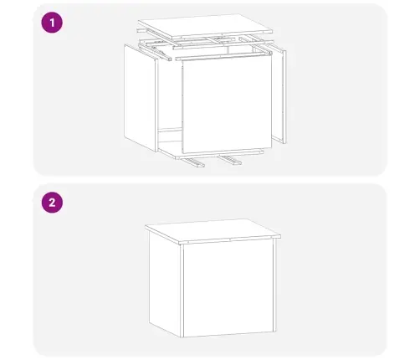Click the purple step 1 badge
(x=52, y=23)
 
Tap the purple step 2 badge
(x=52, y=203)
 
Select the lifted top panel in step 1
(x=205, y=26)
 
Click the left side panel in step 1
(x=140, y=98)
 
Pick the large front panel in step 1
(x=227, y=105)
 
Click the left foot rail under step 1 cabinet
(x=192, y=162)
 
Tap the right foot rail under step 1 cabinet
(x=230, y=160)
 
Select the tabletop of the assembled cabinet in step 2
(x=213, y=231)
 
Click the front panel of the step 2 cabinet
(x=228, y=288)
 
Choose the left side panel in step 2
(x=165, y=283)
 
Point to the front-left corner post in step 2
(x=182, y=291)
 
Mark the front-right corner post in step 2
(x=275, y=285)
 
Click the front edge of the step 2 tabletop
(x=230, y=240)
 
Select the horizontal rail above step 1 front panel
(x=223, y=56)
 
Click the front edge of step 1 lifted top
(x=223, y=35)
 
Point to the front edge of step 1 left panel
(x=156, y=105)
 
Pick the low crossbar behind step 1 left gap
(x=170, y=131)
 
